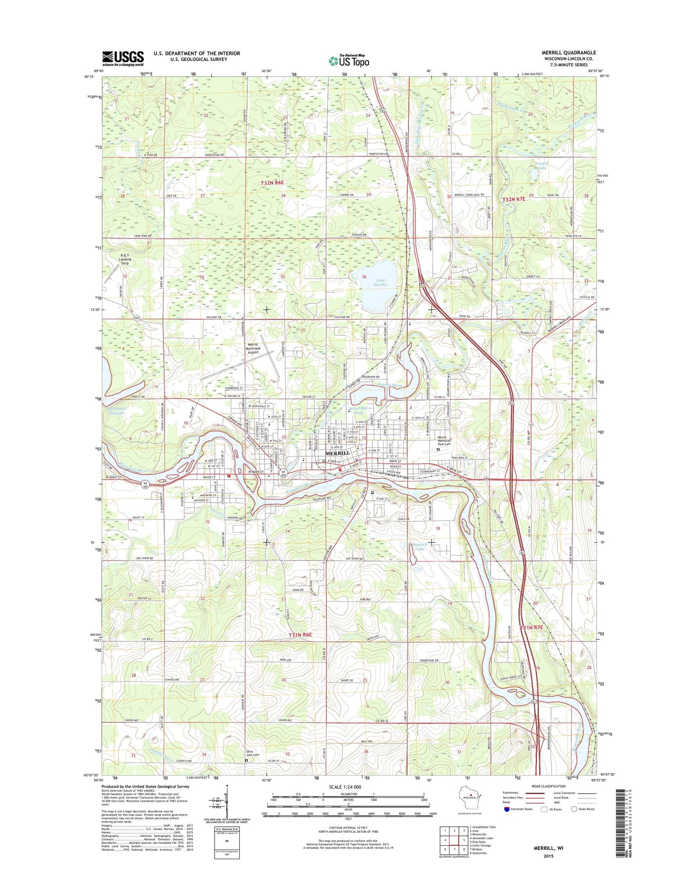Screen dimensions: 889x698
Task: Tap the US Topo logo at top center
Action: (x=349, y=60)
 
